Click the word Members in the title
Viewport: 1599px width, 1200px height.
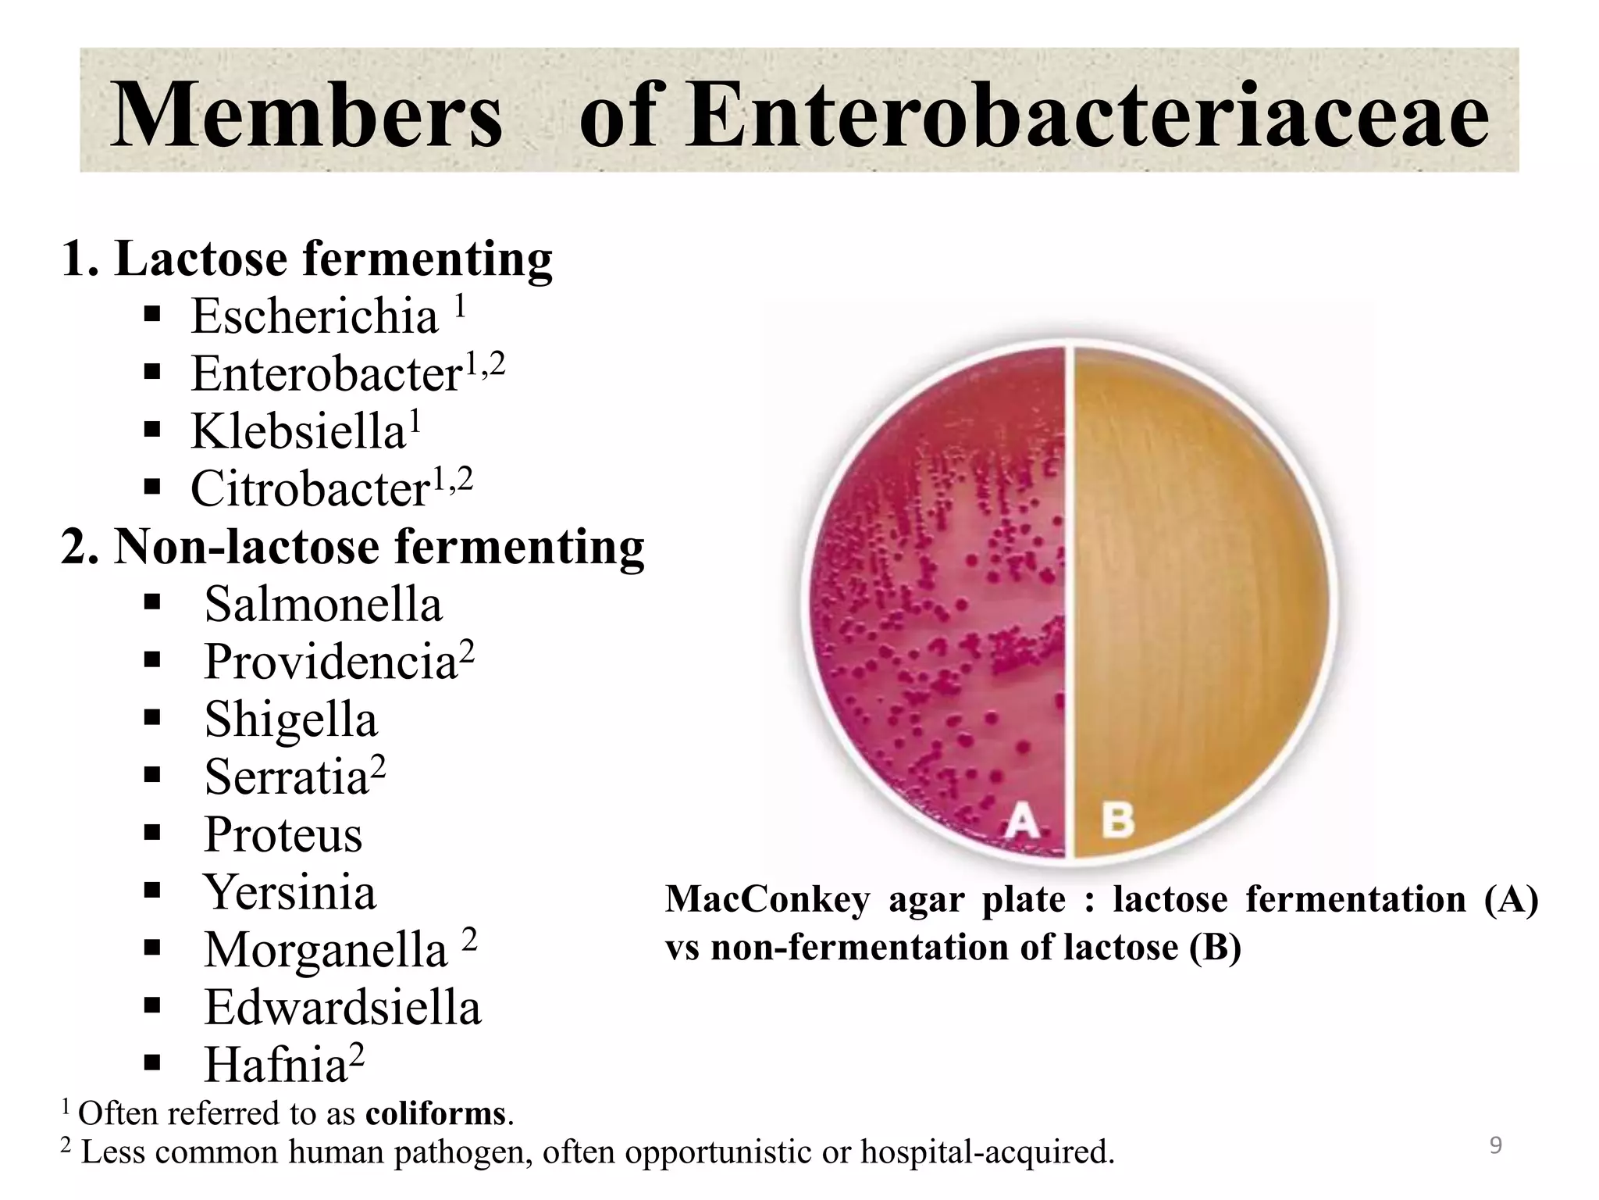click(x=307, y=116)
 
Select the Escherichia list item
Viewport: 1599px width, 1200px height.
click(x=315, y=316)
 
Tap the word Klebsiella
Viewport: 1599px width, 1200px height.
click(x=298, y=431)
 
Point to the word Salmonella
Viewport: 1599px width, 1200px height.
click(x=323, y=604)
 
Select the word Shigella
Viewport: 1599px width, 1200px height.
click(x=290, y=719)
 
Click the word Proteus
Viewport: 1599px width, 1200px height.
click(x=283, y=834)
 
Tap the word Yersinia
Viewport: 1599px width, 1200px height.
click(x=290, y=891)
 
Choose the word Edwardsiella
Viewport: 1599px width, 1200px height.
click(x=343, y=1007)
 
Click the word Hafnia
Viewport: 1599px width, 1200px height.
click(x=276, y=1065)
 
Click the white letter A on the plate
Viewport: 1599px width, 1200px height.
click(x=1022, y=822)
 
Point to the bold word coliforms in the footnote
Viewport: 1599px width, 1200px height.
click(x=436, y=1113)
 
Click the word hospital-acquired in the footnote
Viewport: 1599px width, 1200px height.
click(x=987, y=1152)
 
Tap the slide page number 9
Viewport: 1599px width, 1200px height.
click(x=1495, y=1145)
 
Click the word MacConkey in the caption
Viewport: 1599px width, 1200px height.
click(x=767, y=899)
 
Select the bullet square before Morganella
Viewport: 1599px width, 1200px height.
click(x=152, y=948)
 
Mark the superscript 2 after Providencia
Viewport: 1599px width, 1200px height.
click(x=467, y=650)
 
